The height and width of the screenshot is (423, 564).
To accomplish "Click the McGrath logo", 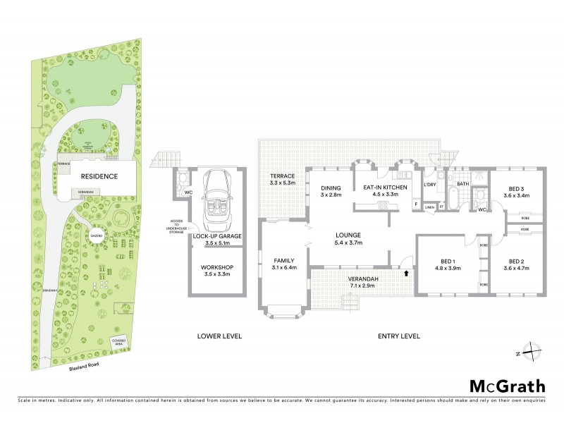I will tap(506, 386).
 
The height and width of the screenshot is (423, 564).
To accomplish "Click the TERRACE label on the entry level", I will tap(282, 179).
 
